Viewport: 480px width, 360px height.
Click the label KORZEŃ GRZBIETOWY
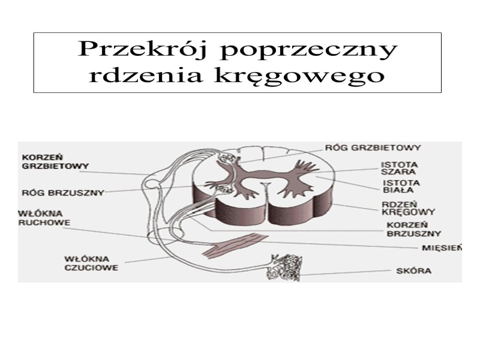click(55, 160)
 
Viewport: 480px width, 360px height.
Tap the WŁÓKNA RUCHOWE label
click(44, 217)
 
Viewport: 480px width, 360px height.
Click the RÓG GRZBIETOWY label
click(373, 146)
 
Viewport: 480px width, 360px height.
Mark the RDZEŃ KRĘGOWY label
click(408, 208)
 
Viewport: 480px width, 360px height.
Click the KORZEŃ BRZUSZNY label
click(412, 230)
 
